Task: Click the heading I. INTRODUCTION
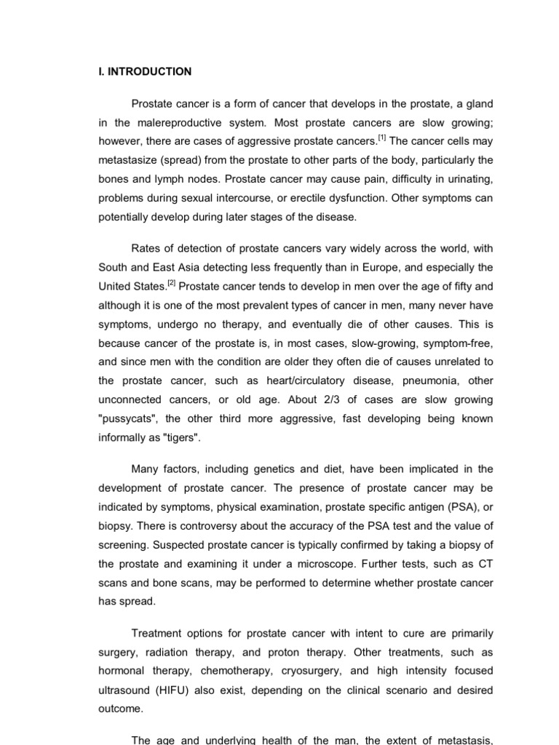click(145, 71)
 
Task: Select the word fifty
click(457, 286)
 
